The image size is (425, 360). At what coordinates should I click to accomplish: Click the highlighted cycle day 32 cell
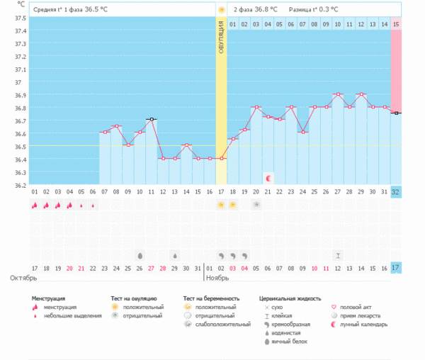pos(396,192)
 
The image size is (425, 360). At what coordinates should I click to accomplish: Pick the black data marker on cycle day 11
pos(151,119)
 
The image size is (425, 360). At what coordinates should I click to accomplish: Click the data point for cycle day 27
pos(338,94)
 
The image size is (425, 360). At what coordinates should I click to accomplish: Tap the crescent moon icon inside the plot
pos(268,176)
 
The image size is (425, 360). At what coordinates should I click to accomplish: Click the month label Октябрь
pos(23,278)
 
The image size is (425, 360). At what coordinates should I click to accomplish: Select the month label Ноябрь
pos(219,278)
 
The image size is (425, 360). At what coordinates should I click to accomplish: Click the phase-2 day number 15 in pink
pos(396,24)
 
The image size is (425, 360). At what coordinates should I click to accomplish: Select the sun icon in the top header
pos(221,10)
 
